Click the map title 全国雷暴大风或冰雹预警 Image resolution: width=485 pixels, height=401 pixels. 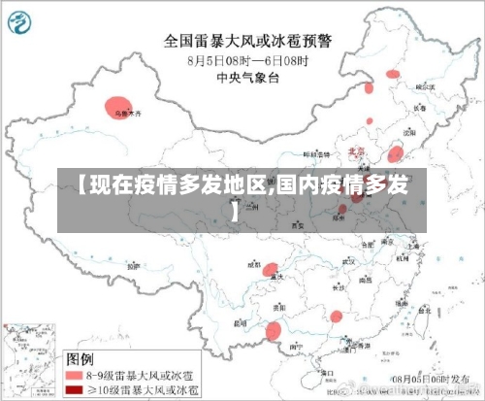247,42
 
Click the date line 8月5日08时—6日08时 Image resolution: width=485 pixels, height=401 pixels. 247,59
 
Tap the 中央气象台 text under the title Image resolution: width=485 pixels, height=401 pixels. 247,77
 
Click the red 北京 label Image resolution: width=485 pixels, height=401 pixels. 356,152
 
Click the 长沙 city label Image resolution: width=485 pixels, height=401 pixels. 338,287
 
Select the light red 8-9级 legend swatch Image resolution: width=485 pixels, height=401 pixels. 75,373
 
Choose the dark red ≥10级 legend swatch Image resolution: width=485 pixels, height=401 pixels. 75,389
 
